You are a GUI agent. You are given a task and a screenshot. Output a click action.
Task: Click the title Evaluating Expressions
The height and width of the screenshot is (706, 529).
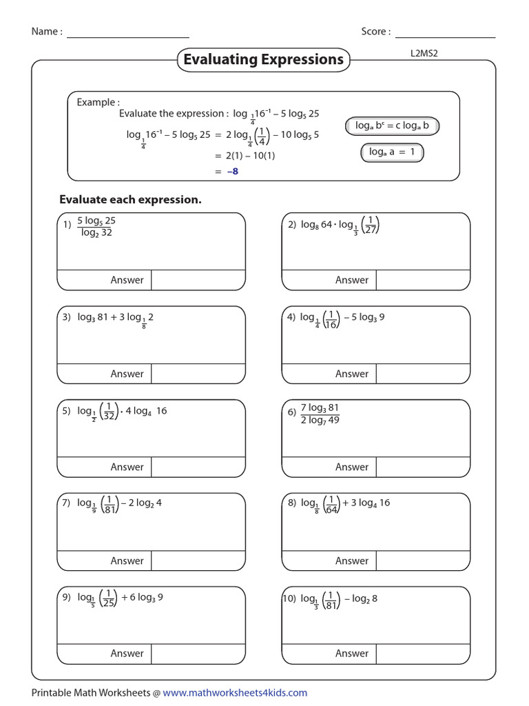point(263,60)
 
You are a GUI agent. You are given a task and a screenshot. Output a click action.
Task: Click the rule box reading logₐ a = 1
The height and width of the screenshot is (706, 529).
point(391,152)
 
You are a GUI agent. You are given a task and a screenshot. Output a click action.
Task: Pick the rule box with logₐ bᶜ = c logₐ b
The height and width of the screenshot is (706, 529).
point(392,126)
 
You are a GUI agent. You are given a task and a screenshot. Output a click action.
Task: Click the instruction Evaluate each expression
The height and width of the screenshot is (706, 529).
point(130,200)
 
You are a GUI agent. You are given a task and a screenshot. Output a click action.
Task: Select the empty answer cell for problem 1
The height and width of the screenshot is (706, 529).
point(198,280)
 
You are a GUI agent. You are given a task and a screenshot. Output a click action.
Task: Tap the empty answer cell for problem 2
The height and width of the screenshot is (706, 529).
point(422,280)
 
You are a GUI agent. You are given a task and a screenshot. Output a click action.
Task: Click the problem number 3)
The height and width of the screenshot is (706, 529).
point(67,317)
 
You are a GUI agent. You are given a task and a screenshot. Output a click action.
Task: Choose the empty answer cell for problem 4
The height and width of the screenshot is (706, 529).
point(422,374)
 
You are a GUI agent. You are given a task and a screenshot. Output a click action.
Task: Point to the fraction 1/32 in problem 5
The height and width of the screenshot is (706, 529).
point(109,411)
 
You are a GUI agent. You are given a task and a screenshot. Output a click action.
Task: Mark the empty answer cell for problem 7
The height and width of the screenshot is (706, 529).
point(198,561)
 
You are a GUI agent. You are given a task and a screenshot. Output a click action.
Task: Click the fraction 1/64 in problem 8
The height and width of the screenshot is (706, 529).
point(331,504)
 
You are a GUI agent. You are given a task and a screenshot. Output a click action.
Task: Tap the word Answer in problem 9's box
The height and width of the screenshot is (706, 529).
point(127,654)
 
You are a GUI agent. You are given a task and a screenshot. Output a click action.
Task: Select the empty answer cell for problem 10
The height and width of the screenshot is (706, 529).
point(422,654)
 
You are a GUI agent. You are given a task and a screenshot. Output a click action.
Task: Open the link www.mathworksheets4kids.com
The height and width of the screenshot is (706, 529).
point(235,693)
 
